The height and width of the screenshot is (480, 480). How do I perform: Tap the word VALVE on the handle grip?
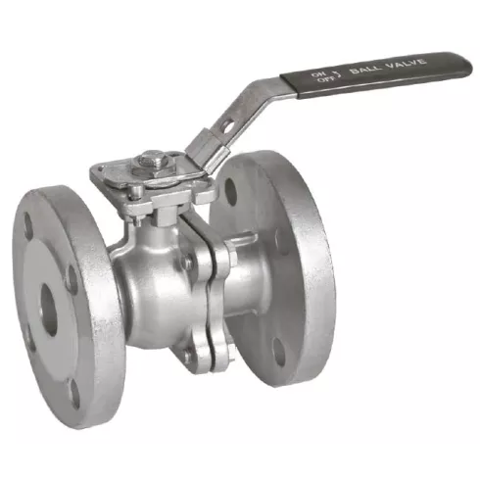[406, 64]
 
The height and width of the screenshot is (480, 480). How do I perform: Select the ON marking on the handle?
[316, 74]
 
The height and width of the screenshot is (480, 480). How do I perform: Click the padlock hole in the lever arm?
[227, 126]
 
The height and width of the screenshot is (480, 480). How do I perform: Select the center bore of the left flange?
[49, 310]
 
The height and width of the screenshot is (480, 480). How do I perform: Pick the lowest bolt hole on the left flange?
[75, 394]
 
